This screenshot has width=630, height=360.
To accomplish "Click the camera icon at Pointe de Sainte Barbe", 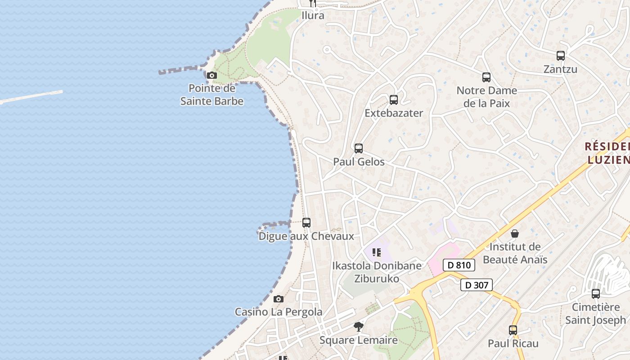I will coord(212,75).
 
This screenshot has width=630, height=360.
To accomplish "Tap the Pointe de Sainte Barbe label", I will coord(212,95).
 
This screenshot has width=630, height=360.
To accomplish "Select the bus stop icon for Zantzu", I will coord(560,56).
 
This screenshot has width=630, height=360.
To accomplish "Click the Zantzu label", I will coord(560,69).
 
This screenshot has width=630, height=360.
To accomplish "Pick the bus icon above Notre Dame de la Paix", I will coord(486,77).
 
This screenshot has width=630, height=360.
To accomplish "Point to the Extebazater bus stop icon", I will coord(394,99).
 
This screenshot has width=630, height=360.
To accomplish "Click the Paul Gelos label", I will coord(359,162).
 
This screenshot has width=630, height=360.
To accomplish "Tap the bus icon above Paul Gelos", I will coord(359,148).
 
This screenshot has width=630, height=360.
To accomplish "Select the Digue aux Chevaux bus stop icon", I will coord(306,222).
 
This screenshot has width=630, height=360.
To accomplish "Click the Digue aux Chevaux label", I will coord(306,236).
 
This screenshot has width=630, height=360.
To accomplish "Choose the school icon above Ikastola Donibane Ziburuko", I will coord(377,252).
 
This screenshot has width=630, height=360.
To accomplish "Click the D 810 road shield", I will coord(459,265).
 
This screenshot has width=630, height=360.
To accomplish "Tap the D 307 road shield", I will coord(477,285).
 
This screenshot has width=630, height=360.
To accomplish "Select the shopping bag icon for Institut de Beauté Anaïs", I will coord(515,234).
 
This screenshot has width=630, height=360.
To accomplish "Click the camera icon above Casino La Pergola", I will coord(279,299).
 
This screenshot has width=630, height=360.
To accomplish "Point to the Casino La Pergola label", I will coord(279,312).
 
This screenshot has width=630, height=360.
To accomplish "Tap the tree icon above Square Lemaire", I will coord(359,327).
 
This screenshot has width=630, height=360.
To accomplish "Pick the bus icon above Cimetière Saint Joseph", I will coord(596,294).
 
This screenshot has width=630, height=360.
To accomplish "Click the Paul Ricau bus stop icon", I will coord(513,330).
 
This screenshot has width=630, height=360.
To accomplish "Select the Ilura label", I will coord(313,15).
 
